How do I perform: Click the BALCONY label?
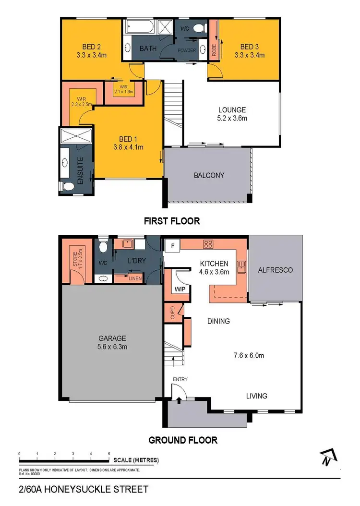click(209, 175)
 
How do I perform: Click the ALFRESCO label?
click(276, 270)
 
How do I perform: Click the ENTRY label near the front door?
click(180, 379)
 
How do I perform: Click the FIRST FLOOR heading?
click(172, 221)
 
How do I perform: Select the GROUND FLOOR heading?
click(183, 440)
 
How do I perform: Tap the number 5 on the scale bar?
click(109, 453)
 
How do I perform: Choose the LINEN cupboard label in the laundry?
click(135, 277)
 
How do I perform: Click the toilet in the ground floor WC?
click(102, 247)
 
